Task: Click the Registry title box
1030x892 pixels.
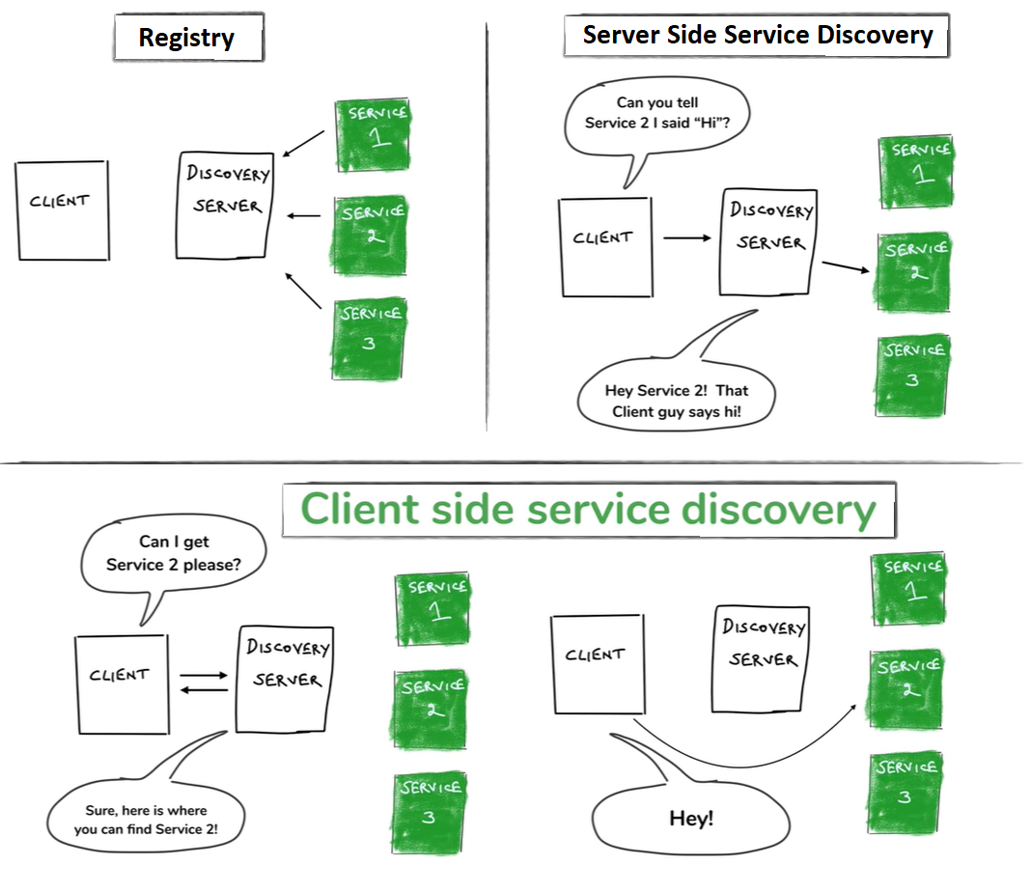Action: (x=187, y=39)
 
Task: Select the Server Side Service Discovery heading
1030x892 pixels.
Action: (x=757, y=37)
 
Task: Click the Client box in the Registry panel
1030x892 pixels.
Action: (x=62, y=210)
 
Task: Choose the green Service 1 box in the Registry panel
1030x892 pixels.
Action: (x=371, y=134)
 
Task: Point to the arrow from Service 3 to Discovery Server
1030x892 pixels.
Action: (x=304, y=291)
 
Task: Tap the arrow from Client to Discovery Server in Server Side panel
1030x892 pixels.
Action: (x=686, y=237)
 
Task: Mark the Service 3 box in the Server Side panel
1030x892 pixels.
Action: (x=912, y=375)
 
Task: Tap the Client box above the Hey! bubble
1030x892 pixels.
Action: (x=597, y=664)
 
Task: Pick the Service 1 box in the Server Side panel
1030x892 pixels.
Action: (x=914, y=172)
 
